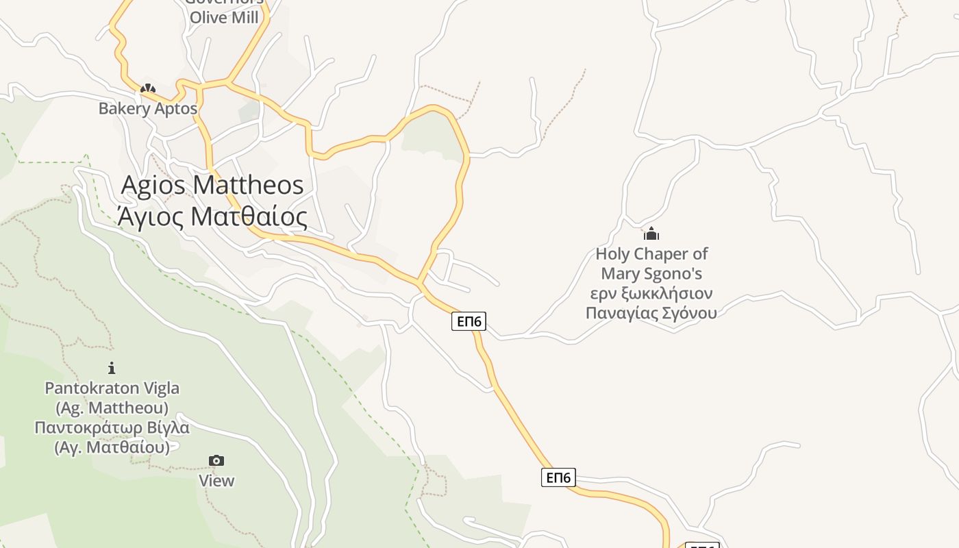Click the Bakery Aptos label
click(x=148, y=108)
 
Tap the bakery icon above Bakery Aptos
click(x=147, y=88)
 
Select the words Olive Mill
click(x=224, y=18)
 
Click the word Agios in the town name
click(x=153, y=185)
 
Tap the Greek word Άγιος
click(x=151, y=216)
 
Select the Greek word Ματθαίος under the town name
click(x=248, y=216)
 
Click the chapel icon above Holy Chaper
click(x=651, y=234)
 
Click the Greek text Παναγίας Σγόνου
click(x=651, y=313)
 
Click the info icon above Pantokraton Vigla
click(x=112, y=368)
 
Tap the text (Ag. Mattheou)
click(x=112, y=408)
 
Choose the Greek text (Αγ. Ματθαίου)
click(x=112, y=448)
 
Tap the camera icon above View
click(x=216, y=460)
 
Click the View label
click(x=216, y=481)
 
